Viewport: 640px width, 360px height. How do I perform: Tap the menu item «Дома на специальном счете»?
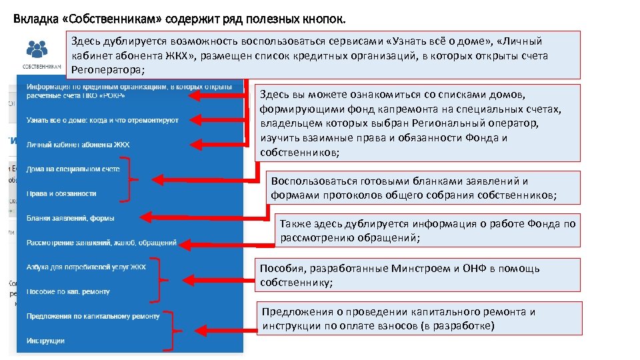coord(73,169)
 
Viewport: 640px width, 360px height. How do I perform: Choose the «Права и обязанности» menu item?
coord(61,193)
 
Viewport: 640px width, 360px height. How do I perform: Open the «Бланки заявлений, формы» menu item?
coord(70,218)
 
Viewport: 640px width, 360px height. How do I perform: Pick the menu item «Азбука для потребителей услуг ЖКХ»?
coord(85,267)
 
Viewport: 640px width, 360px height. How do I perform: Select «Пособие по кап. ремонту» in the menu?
coord(68,291)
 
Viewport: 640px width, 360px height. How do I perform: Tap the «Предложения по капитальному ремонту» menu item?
coord(93,316)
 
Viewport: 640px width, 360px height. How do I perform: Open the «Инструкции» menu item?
coord(45,341)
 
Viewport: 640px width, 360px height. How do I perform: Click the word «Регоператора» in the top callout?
coord(107,70)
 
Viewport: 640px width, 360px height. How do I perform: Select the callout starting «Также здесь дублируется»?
coord(427,231)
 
